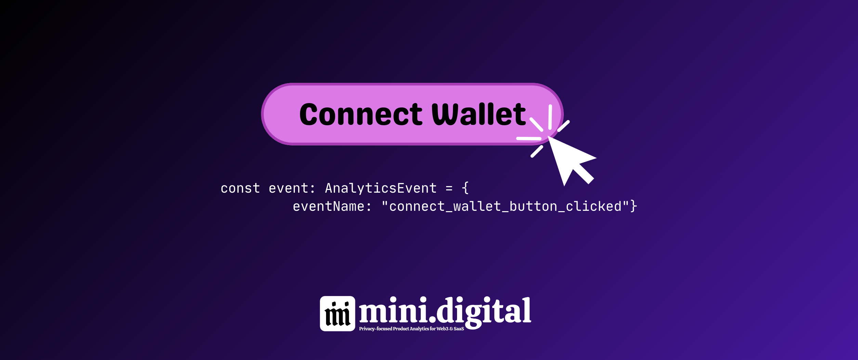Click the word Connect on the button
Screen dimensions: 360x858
pos(361,115)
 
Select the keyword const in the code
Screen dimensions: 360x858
pos(240,189)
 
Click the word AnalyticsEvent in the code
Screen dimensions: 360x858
pos(381,189)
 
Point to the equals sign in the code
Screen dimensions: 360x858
pos(449,189)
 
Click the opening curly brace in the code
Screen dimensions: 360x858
pos(465,189)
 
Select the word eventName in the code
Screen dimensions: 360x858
pos(328,207)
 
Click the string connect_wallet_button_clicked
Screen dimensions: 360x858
pos(505,207)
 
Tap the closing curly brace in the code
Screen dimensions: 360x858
pos(634,207)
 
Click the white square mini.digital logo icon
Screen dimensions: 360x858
pos(337,313)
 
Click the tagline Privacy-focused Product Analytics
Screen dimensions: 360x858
pos(394,329)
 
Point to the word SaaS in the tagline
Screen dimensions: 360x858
pos(459,329)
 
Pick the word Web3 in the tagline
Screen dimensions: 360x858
pos(442,329)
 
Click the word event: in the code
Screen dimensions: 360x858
pos(292,189)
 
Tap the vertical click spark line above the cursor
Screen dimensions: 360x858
pos(550,117)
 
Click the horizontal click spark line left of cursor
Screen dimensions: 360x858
pos(529,139)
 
